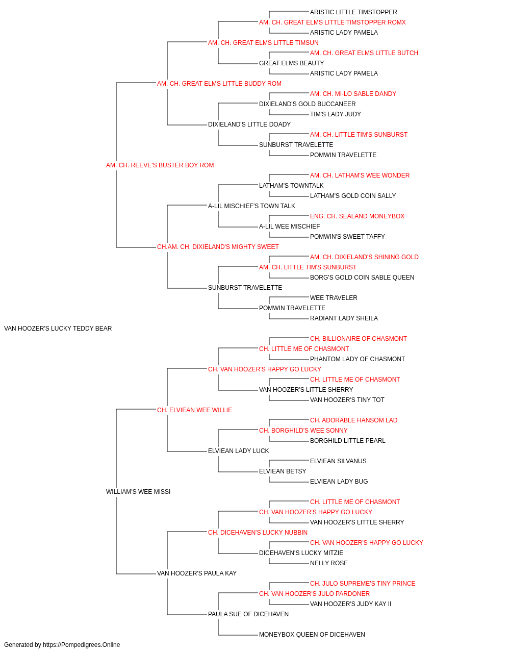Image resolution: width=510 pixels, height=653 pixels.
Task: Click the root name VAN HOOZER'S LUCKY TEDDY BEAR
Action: [58, 329]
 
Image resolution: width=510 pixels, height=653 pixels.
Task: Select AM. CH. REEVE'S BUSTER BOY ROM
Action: [160, 165]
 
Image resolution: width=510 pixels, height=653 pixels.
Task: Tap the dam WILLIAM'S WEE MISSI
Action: [138, 492]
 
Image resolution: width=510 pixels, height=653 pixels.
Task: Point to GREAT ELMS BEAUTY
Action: [291, 63]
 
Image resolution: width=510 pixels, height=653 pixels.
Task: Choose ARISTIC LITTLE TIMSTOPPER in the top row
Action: [353, 12]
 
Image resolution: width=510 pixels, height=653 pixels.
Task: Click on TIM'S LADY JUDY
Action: [335, 114]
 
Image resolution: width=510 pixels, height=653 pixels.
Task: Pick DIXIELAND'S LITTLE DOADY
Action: [249, 124]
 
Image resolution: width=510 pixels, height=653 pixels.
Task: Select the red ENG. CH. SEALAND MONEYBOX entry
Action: [357, 216]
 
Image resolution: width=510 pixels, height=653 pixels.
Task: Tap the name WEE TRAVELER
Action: [334, 298]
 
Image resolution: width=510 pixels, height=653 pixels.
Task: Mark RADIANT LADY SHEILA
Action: [344, 318]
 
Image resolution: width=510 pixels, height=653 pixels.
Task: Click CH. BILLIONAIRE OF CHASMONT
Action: [359, 339]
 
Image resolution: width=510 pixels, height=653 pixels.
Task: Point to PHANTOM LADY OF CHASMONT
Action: [358, 359]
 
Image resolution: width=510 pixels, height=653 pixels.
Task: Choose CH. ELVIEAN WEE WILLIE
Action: [194, 410]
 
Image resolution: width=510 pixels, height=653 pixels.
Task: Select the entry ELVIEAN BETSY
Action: [283, 471]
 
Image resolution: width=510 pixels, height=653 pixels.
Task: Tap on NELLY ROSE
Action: [329, 563]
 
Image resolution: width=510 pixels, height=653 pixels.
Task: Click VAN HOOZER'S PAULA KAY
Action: [197, 573]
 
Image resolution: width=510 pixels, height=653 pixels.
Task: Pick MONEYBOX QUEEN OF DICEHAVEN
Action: [312, 635]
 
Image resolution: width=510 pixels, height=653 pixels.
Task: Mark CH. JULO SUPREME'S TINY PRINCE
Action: [363, 584]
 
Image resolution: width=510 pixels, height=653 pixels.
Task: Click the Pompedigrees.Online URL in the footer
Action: [81, 645]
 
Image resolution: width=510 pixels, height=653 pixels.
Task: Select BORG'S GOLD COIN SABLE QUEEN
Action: [362, 278]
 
